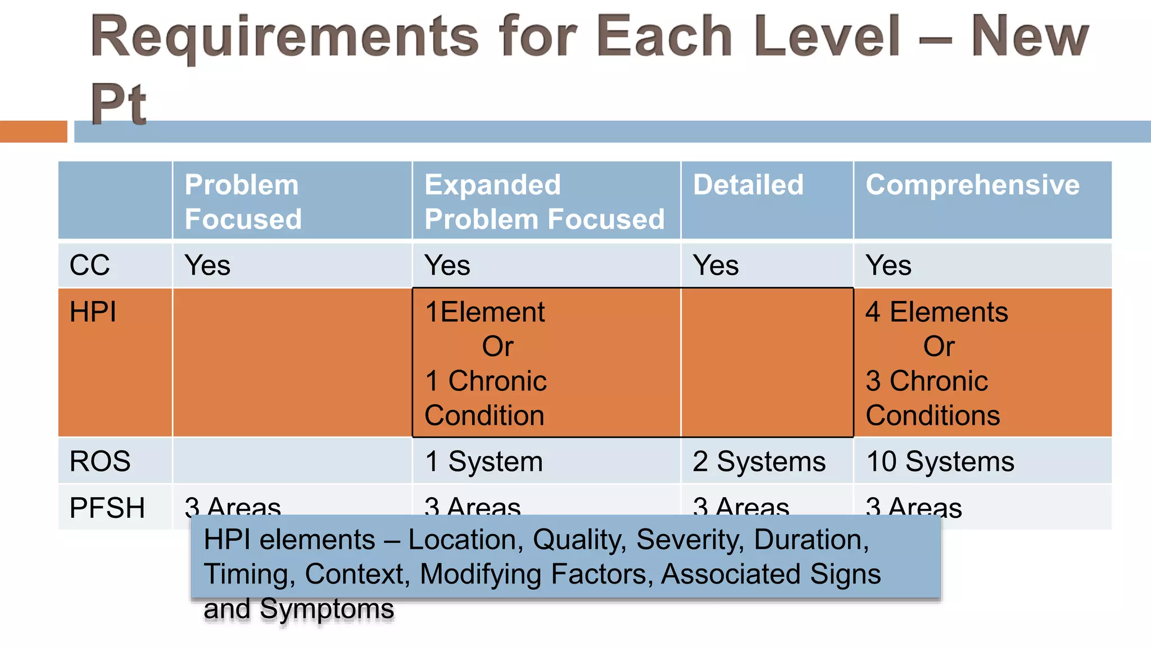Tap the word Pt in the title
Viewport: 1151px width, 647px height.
pyautogui.click(x=119, y=104)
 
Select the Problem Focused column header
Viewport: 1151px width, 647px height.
pyautogui.click(x=243, y=202)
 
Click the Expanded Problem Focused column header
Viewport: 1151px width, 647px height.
pyautogui.click(x=544, y=202)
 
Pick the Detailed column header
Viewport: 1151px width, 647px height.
pyautogui.click(x=748, y=185)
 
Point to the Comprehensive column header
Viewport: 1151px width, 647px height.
pyautogui.click(x=972, y=185)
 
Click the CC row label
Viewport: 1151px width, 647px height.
pyautogui.click(x=89, y=265)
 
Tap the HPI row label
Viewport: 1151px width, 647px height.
pyautogui.click(x=93, y=312)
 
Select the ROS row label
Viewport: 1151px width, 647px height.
pyautogui.click(x=100, y=461)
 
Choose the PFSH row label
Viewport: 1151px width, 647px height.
pyautogui.click(x=107, y=507)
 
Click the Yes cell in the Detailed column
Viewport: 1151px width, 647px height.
pyautogui.click(x=715, y=265)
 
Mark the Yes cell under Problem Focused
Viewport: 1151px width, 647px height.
pyautogui.click(x=207, y=265)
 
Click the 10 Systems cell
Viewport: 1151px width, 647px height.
pyautogui.click(x=940, y=461)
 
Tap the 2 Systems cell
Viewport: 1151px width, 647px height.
pyautogui.click(x=759, y=461)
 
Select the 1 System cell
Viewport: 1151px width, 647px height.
pyautogui.click(x=484, y=461)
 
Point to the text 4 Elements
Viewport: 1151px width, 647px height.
pyautogui.click(x=936, y=312)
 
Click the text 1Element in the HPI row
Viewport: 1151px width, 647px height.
pyautogui.click(x=484, y=312)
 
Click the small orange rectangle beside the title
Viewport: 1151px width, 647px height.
pyautogui.click(x=33, y=131)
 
